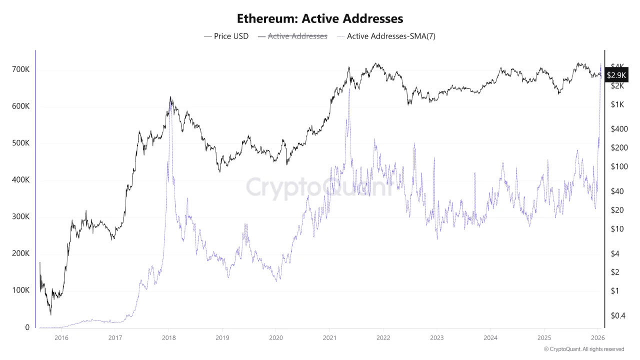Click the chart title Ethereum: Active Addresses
click(x=319, y=18)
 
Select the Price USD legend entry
click(x=226, y=36)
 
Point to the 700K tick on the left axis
click(x=20, y=69)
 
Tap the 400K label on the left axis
click(x=20, y=180)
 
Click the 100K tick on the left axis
click(x=20, y=290)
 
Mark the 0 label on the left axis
click(x=27, y=327)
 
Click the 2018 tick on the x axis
click(x=169, y=337)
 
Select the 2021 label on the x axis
click(x=329, y=337)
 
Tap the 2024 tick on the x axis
click(x=490, y=337)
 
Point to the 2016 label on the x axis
click(x=61, y=337)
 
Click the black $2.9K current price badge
click(x=616, y=75)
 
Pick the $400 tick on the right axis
click(x=619, y=128)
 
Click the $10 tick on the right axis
click(x=618, y=229)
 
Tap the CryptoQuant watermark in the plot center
click(x=319, y=187)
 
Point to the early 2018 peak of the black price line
click(x=170, y=97)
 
